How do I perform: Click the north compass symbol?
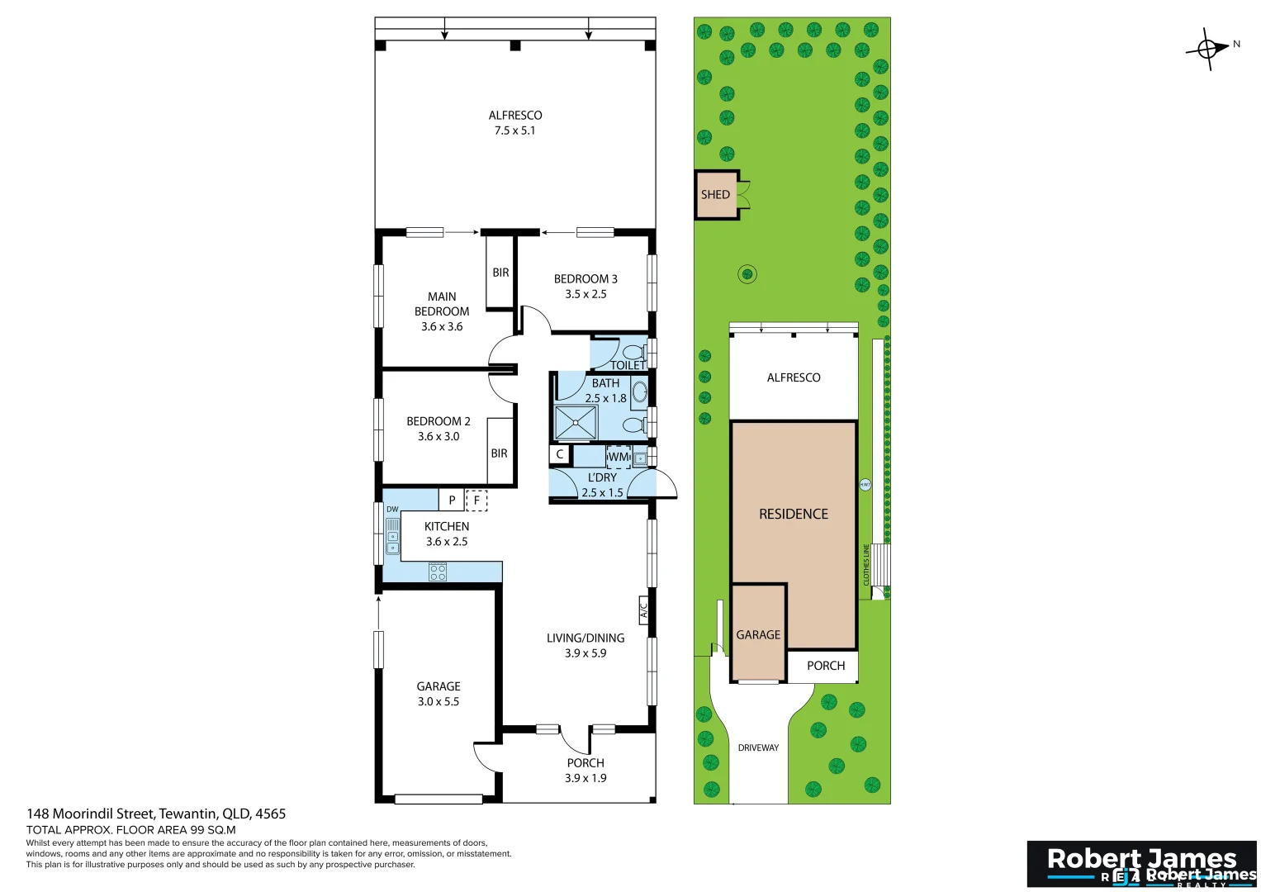(1208, 49)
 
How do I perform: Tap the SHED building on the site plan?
(716, 195)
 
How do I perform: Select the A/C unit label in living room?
(644, 610)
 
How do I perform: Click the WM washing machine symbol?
(619, 457)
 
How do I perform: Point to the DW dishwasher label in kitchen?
(392, 510)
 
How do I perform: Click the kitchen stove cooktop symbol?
(438, 572)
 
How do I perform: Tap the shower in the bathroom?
(575, 422)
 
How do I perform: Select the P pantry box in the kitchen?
(452, 500)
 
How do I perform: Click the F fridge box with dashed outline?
(476, 500)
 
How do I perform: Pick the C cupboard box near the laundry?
(560, 454)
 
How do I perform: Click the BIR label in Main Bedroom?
(500, 273)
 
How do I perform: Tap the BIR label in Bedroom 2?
(499, 453)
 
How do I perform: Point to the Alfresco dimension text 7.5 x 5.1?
(514, 130)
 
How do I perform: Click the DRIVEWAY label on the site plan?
(758, 747)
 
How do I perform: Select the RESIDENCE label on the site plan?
(793, 514)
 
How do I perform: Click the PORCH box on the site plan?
(825, 666)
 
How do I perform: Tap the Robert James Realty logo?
(1141, 864)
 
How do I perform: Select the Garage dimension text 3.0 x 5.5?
(438, 701)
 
